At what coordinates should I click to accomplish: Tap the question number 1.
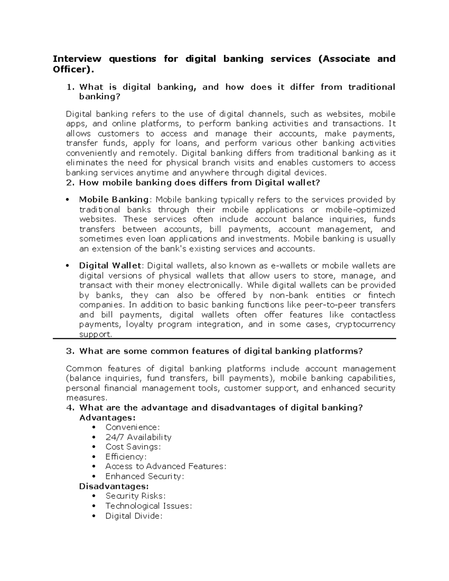click(x=70, y=87)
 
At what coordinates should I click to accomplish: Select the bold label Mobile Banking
click(x=114, y=200)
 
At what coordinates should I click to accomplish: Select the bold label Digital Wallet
click(x=110, y=266)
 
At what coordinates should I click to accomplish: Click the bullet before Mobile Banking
click(x=67, y=200)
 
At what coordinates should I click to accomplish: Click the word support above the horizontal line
click(x=95, y=334)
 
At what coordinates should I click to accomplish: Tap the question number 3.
click(x=70, y=351)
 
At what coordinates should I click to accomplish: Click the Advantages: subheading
click(x=107, y=418)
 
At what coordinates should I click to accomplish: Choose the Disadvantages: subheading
click(x=114, y=486)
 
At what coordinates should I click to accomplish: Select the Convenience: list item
click(x=132, y=427)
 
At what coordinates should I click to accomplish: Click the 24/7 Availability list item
click(x=138, y=437)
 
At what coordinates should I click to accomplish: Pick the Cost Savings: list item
click(x=133, y=447)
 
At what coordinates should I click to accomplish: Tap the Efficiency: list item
click(x=126, y=457)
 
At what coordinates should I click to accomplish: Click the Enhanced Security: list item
click(x=144, y=477)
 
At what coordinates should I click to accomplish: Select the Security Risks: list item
click(x=135, y=496)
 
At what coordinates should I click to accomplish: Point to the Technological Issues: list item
click(x=148, y=506)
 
